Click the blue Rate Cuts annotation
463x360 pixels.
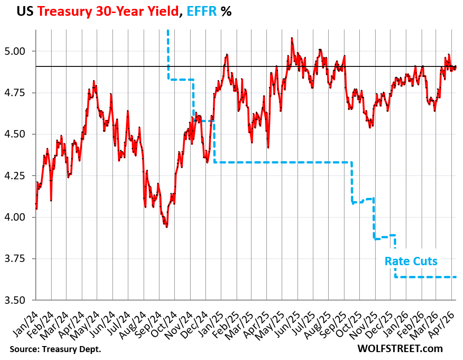pyautogui.click(x=411, y=262)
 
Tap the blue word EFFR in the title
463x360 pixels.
pyautogui.click(x=201, y=12)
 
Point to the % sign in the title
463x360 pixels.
pyautogui.click(x=226, y=12)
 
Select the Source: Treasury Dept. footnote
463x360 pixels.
pyautogui.click(x=54, y=349)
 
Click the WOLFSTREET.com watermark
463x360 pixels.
pyautogui.click(x=400, y=348)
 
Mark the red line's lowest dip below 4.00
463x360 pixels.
pyautogui.click(x=166, y=226)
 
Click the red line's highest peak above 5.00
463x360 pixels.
pyautogui.click(x=291, y=38)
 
